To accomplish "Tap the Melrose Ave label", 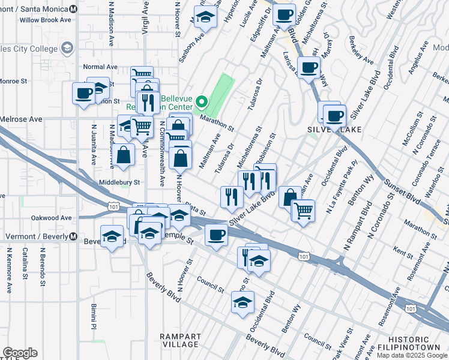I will (x=21, y=119).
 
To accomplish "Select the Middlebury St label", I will (x=119, y=182).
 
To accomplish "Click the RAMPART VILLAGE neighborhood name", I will (x=180, y=340).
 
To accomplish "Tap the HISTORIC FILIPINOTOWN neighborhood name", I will (x=413, y=343).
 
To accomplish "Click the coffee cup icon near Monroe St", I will (x=83, y=93).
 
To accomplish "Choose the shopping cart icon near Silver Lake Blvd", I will (x=303, y=210).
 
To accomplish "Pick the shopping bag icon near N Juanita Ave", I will (x=123, y=155).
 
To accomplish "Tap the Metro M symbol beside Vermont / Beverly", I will (x=73, y=236).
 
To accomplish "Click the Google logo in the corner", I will (x=20, y=353).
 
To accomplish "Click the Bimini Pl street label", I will (x=94, y=316).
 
